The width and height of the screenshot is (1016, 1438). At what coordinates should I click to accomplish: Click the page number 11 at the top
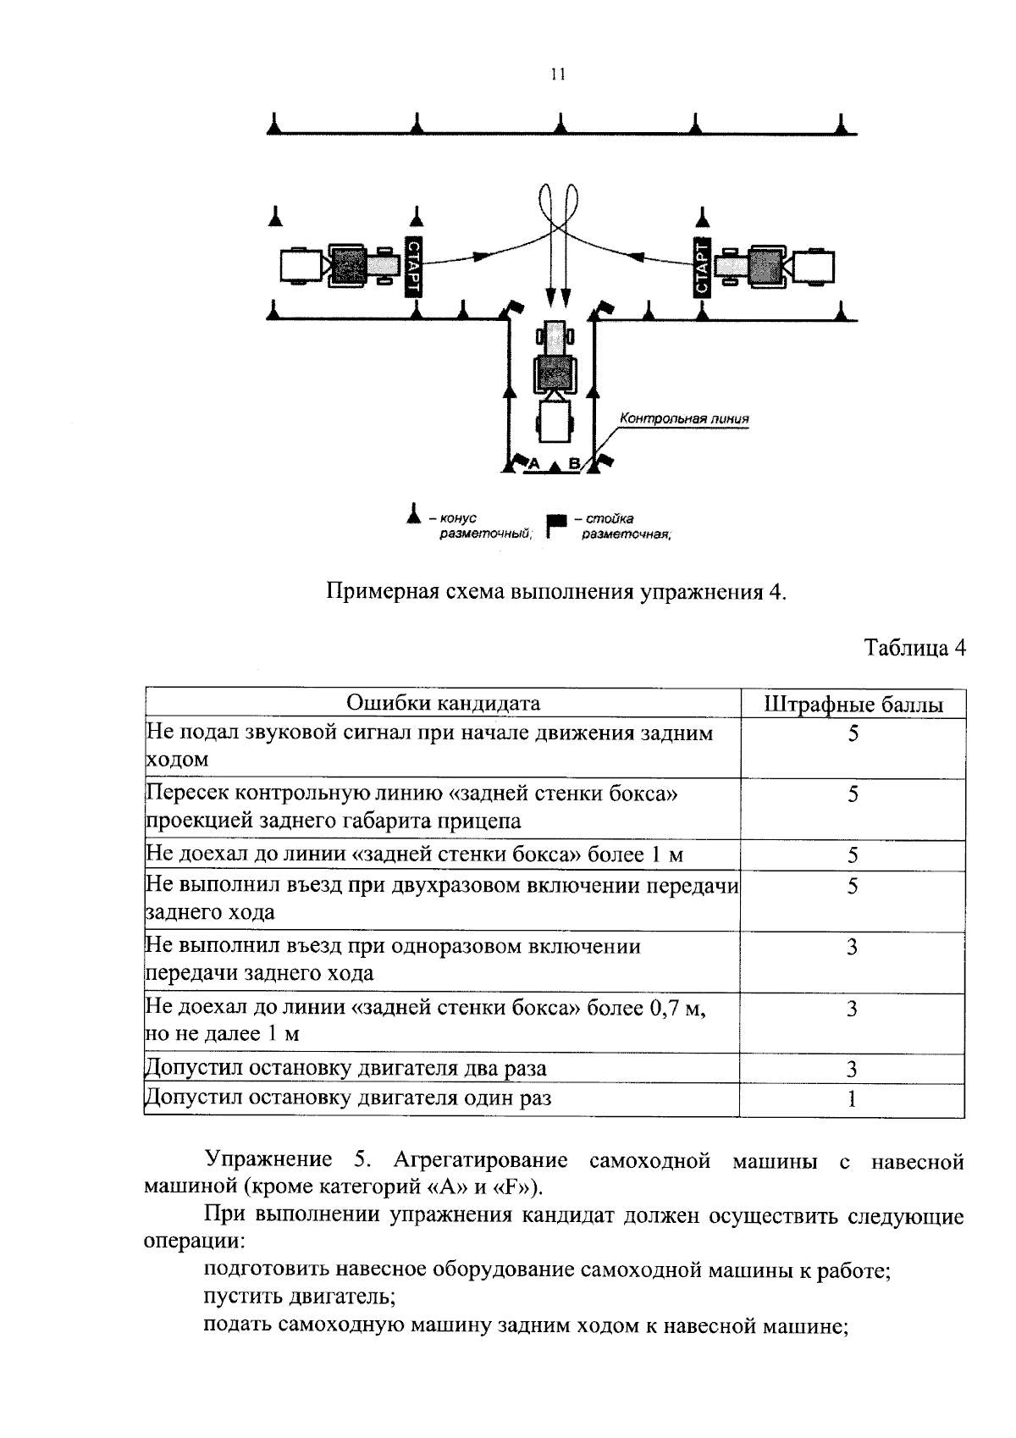[556, 75]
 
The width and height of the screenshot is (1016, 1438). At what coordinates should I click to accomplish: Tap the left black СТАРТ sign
[415, 266]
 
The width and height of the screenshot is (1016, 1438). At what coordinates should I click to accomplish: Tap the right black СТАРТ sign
[702, 266]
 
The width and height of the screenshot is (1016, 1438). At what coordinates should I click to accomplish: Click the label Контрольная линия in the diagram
[684, 418]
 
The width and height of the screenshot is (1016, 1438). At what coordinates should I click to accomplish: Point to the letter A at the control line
[533, 464]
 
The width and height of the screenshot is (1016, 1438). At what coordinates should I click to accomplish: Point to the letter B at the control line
[573, 464]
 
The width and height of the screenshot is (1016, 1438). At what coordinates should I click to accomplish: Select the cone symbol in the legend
[413, 514]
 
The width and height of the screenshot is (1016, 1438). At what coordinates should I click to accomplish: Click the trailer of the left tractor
[298, 266]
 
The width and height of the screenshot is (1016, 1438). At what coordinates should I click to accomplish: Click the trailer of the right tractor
[816, 266]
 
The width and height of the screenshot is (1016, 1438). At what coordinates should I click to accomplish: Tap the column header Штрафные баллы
[853, 705]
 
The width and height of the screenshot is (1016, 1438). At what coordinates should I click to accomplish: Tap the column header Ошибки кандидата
[443, 704]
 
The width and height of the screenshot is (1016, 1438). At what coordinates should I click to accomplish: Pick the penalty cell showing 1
[852, 1099]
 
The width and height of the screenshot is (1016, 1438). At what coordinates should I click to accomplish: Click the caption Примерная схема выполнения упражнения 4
[557, 590]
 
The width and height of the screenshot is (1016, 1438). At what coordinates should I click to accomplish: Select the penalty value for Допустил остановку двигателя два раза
[852, 1069]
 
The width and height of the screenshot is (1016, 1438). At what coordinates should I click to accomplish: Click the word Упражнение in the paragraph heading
[268, 1160]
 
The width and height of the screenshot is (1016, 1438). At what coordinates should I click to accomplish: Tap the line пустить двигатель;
[301, 1297]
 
